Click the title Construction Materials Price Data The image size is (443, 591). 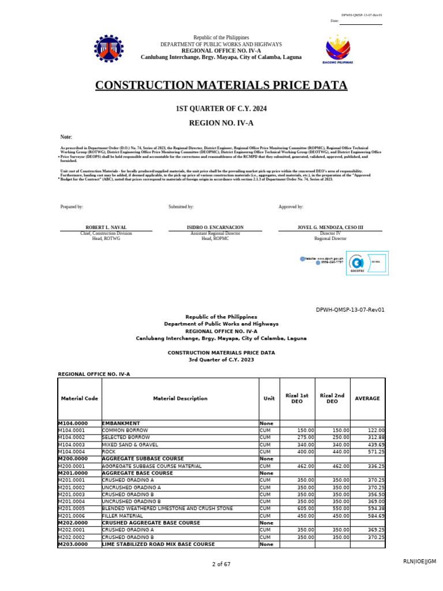pyautogui.click(x=221, y=86)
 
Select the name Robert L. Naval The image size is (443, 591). pyautogui.click(x=106, y=227)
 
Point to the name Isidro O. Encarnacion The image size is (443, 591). pyautogui.click(x=215, y=227)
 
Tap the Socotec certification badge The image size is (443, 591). pyautogui.click(x=366, y=263)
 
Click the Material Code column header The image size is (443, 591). pyautogui.click(x=80, y=398)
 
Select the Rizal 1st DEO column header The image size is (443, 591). pyautogui.click(x=297, y=398)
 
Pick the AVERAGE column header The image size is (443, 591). pyautogui.click(x=367, y=398)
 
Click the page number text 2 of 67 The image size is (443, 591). pyautogui.click(x=221, y=564)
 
